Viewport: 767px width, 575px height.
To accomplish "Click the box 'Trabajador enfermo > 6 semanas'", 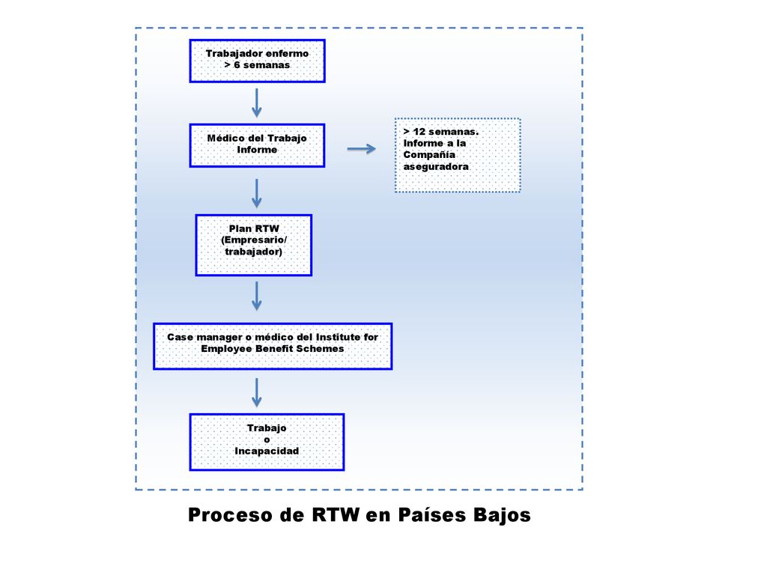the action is pos(258,61).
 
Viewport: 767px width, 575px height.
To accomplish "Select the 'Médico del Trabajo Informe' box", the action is pos(258,145).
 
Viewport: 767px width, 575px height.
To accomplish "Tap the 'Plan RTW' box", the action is pos(254,245).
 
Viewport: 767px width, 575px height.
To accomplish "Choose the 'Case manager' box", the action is pos(273,346).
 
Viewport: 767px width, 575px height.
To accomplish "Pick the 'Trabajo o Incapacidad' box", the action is pos(267,442).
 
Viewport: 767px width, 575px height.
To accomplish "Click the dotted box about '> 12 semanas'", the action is pos(458,155).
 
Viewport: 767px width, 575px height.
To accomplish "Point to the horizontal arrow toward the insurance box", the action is pos(362,149).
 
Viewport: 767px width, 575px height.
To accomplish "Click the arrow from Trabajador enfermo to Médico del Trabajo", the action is pos(256,103).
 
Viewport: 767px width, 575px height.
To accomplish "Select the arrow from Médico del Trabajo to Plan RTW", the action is pos(256,193).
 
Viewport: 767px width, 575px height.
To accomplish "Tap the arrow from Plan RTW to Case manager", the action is pos(256,296).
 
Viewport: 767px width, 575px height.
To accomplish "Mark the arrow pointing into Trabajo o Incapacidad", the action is pos(256,392).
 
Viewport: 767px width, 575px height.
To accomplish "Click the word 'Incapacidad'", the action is pos(267,451).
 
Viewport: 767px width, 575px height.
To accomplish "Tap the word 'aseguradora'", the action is pos(436,167).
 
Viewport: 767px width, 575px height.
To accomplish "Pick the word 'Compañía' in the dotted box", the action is pos(429,154).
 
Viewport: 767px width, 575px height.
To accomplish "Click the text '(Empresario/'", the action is pos(254,240).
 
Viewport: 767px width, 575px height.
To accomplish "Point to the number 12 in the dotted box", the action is pos(419,132).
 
